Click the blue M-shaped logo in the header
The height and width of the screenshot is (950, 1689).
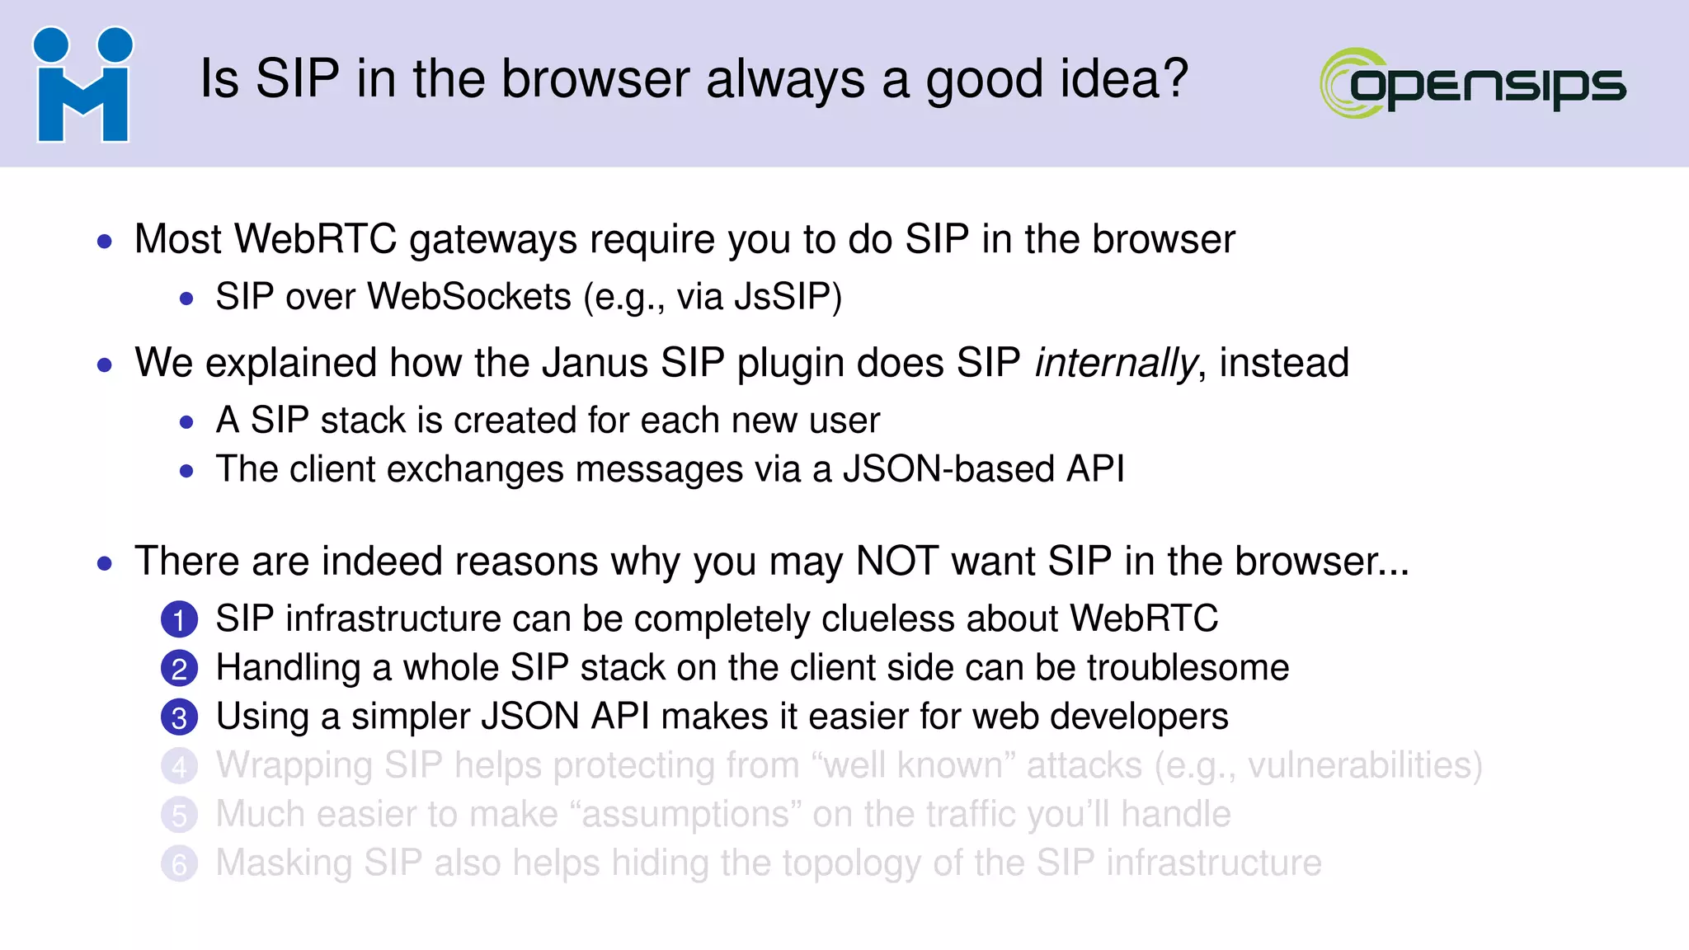[82, 85]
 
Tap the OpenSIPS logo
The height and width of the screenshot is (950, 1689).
[1473, 83]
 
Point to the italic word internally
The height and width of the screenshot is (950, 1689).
[1115, 364]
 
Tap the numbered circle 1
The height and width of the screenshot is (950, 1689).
[179, 620]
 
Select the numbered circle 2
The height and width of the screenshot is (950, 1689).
[179, 669]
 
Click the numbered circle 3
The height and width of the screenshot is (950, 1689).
[179, 717]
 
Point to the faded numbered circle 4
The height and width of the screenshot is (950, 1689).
[179, 766]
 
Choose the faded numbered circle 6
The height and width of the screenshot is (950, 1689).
[179, 864]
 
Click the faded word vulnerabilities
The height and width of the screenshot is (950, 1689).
[1359, 766]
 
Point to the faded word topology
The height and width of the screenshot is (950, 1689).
[852, 864]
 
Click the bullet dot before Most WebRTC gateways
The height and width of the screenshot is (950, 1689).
[104, 242]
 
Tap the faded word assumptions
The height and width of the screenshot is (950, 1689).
[691, 816]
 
